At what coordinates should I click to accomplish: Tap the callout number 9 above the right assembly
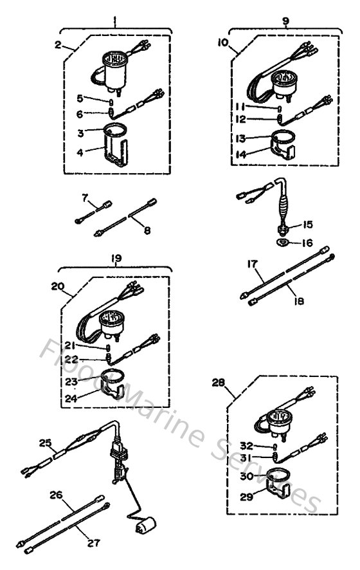click(x=285, y=21)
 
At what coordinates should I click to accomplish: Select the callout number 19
click(x=115, y=259)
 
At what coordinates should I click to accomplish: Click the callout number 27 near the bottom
click(x=94, y=542)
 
